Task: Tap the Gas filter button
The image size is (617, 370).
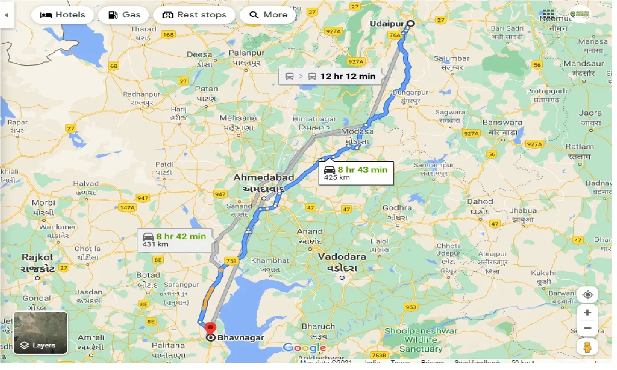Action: (124, 15)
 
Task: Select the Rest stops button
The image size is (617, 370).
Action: (194, 15)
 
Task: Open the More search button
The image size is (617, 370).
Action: (269, 15)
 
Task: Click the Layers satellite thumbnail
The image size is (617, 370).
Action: (40, 333)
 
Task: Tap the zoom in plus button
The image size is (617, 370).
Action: (587, 313)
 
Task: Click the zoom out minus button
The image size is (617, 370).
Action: (587, 329)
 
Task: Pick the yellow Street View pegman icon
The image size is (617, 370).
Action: (587, 347)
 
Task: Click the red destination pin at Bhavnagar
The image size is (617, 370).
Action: (210, 329)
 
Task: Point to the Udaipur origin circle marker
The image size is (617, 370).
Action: (410, 23)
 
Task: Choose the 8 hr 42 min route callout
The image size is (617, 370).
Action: (175, 240)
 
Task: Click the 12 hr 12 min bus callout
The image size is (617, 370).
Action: (331, 76)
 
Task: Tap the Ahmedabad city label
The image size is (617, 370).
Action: (263, 178)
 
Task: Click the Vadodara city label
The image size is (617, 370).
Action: (342, 257)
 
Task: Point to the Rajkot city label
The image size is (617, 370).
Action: (37, 258)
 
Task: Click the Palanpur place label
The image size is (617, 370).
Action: (247, 52)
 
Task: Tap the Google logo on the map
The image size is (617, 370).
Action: (304, 348)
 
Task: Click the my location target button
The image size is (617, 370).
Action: (587, 294)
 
